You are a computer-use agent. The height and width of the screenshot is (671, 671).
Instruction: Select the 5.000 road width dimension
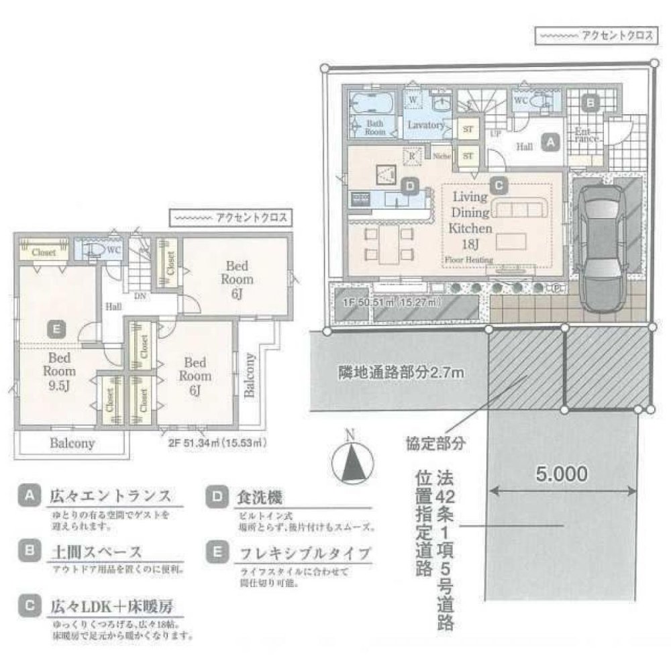coord(562,473)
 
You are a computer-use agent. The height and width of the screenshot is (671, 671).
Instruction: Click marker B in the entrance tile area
coord(590,103)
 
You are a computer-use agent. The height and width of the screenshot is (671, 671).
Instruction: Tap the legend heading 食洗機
coord(256,498)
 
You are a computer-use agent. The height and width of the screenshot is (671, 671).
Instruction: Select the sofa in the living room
coord(517,208)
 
